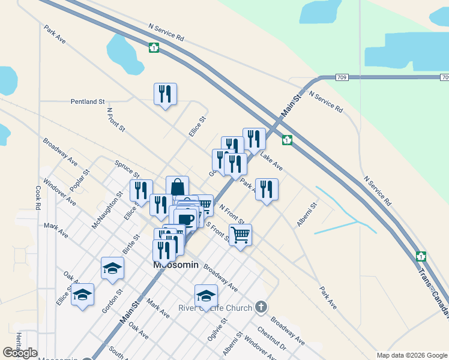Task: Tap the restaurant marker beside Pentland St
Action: (165, 94)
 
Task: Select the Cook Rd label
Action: (38, 197)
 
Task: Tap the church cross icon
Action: (261, 307)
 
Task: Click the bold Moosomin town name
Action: (175, 265)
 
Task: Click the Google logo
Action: (20, 353)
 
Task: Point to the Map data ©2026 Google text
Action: (411, 355)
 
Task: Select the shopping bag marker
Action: (177, 187)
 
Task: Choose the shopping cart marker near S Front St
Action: (240, 235)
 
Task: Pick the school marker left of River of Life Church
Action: (206, 295)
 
